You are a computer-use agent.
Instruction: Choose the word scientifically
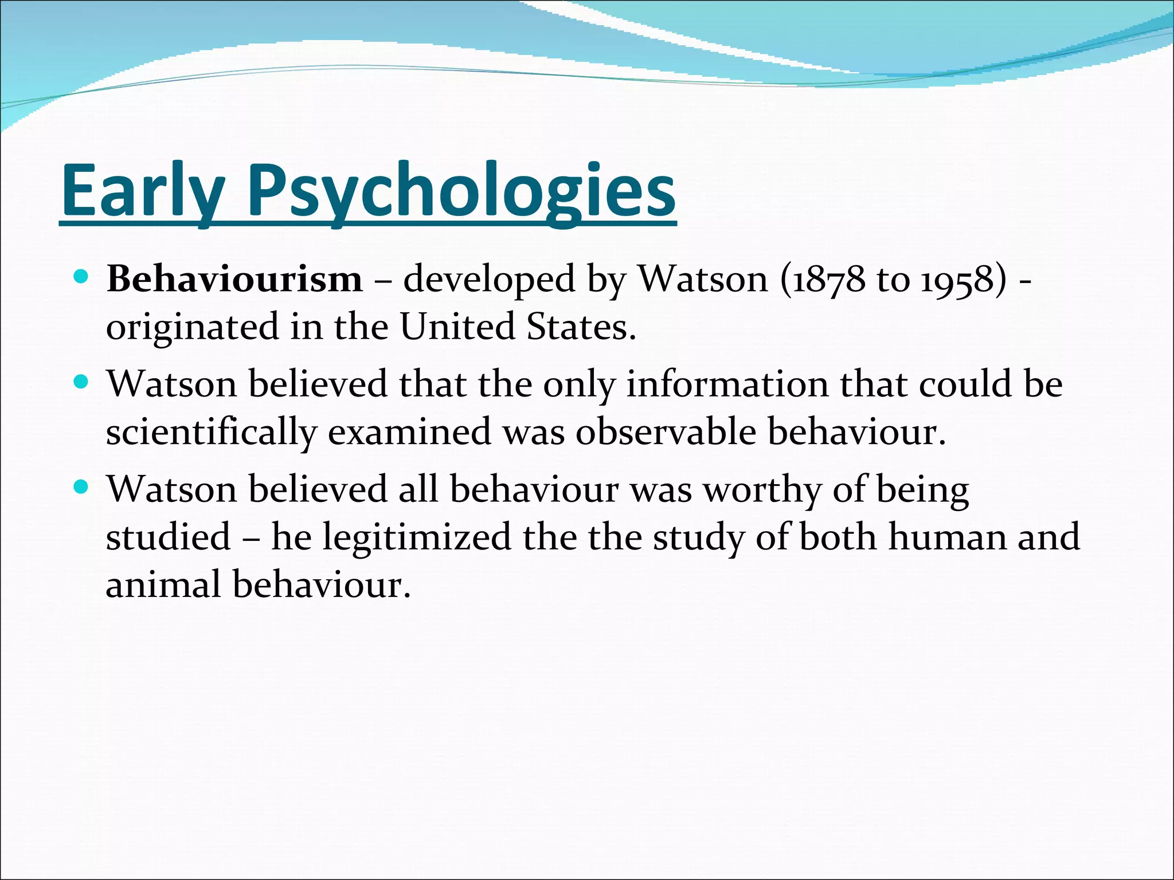click(211, 432)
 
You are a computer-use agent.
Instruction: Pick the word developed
click(489, 280)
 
